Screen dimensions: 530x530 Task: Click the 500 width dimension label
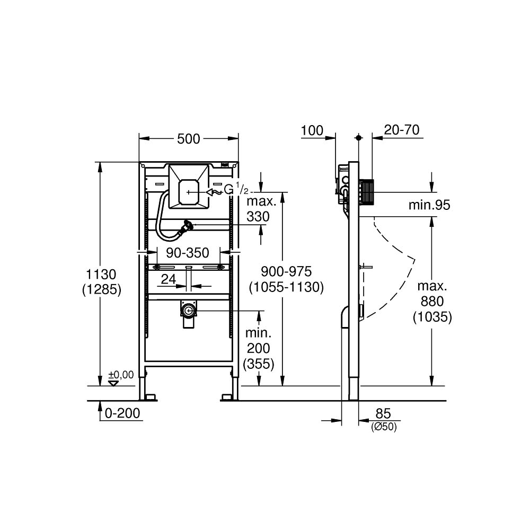(189, 139)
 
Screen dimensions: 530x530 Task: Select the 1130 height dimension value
(102, 275)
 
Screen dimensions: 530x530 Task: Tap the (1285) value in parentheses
(102, 289)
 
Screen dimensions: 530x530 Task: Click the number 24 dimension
(169, 279)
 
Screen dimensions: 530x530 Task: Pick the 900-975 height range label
(286, 271)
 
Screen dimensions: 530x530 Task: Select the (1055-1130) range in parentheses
(286, 287)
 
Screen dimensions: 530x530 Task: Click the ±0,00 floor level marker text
(122, 375)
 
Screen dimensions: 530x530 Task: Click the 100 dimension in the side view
(312, 131)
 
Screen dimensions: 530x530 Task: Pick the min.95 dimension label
(429, 205)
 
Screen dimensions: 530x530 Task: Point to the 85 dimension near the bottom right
(383, 413)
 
